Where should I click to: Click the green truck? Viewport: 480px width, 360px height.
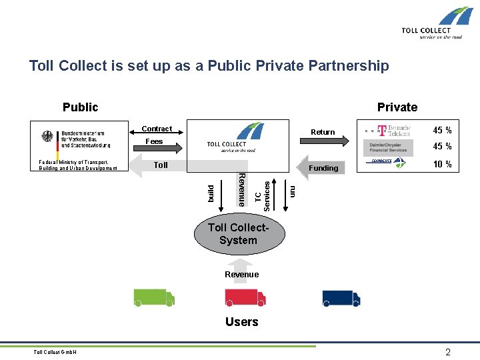pyautogui.click(x=154, y=297)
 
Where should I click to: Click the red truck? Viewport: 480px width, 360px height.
pyautogui.click(x=245, y=297)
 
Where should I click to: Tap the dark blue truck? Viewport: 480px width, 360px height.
pyautogui.click(x=341, y=297)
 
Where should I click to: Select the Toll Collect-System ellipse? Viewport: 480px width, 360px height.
pyautogui.click(x=238, y=233)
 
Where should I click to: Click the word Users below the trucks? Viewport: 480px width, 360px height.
pyautogui.click(x=241, y=322)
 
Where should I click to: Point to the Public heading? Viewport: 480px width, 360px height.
pyautogui.click(x=80, y=107)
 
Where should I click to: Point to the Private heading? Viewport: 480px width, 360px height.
pyautogui.click(x=397, y=107)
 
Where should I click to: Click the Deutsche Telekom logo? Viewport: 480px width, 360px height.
pyautogui.click(x=387, y=130)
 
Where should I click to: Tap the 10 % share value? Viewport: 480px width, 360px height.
pyautogui.click(x=443, y=165)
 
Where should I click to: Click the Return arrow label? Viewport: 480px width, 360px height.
pyautogui.click(x=323, y=132)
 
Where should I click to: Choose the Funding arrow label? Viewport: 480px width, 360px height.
pyautogui.click(x=324, y=168)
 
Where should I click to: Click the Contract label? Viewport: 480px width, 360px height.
pyautogui.click(x=157, y=129)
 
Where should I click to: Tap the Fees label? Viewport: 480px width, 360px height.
pyautogui.click(x=154, y=141)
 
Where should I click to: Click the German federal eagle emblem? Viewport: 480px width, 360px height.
pyautogui.click(x=47, y=137)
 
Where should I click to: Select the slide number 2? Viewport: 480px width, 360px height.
pyautogui.click(x=448, y=352)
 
